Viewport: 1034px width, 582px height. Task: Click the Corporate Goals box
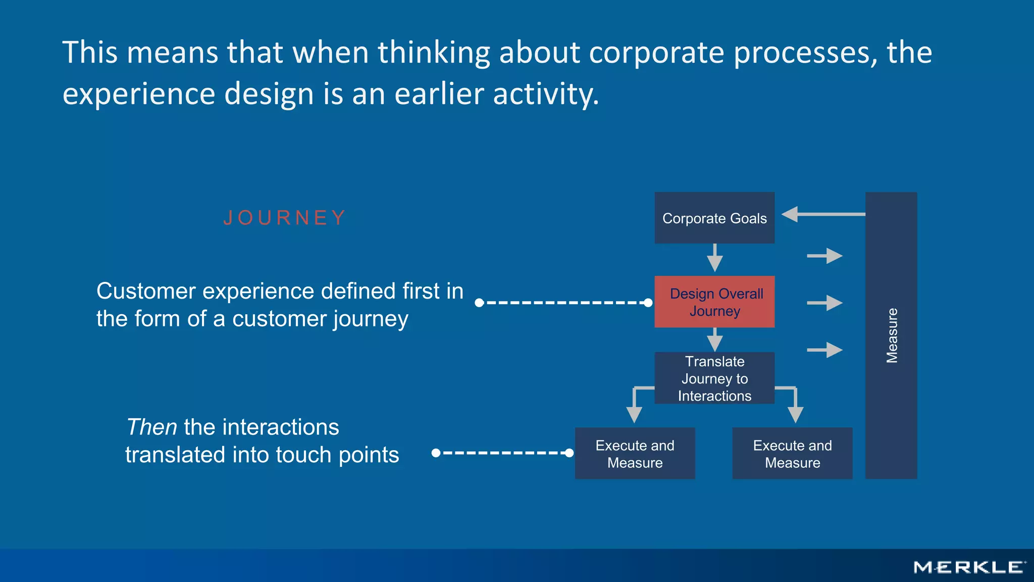(x=714, y=218)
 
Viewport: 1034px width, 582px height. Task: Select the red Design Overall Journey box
(x=714, y=302)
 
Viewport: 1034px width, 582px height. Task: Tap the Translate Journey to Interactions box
(x=714, y=378)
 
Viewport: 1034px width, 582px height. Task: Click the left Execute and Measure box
(x=635, y=453)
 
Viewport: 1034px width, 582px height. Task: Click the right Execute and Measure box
(x=792, y=453)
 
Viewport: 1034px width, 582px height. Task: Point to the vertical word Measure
(x=892, y=335)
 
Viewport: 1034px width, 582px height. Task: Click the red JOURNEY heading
(x=285, y=218)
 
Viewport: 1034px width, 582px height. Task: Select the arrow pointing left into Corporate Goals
(x=823, y=214)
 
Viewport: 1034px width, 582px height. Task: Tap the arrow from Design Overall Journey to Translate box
(x=714, y=339)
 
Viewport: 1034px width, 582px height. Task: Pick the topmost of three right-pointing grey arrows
(x=824, y=256)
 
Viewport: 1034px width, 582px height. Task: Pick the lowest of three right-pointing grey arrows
(x=824, y=350)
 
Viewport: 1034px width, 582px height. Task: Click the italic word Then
(x=151, y=427)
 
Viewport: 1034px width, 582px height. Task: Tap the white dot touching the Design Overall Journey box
(x=648, y=303)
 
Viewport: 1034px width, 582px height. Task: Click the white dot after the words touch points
(x=436, y=453)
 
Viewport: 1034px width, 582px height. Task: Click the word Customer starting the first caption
(x=146, y=292)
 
